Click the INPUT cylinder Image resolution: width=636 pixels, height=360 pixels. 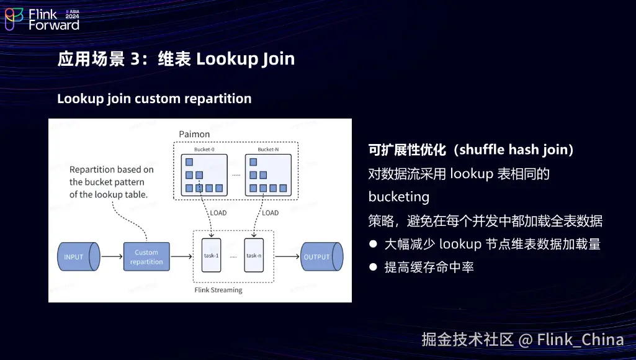coord(79,256)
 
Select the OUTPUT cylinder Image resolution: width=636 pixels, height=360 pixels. coord(321,256)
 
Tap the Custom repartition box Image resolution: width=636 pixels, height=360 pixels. coord(146,256)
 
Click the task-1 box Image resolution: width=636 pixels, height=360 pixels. coord(212,255)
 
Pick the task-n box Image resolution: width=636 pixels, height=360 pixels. coord(254,255)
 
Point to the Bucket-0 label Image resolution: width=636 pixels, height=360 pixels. coord(204,150)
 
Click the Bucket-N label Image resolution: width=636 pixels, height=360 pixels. coord(268,150)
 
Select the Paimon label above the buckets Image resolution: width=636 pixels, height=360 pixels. coord(194,134)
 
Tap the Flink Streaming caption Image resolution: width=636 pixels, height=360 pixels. coord(218,290)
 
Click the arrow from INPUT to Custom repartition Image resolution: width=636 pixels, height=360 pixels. coord(112,256)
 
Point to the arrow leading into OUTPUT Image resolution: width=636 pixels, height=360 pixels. coord(287,256)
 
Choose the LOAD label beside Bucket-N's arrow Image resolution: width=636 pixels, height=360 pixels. coord(270,213)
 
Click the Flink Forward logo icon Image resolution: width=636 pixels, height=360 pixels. coord(14,19)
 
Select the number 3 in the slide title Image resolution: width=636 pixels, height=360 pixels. coord(135,59)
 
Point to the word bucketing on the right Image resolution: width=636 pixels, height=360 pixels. coord(399,197)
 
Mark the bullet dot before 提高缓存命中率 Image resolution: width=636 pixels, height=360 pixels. coord(373,267)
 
